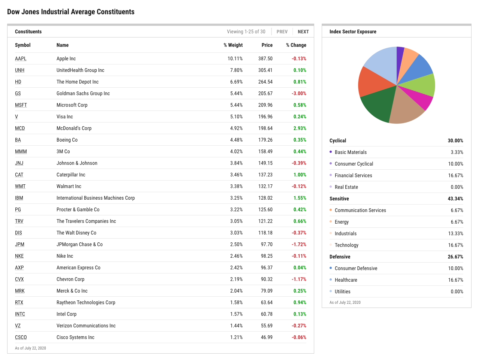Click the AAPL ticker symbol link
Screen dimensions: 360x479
pyautogui.click(x=21, y=58)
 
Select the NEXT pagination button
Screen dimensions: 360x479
pyautogui.click(x=303, y=32)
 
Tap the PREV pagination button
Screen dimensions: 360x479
pyautogui.click(x=282, y=32)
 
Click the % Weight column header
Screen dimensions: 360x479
pyautogui.click(x=233, y=45)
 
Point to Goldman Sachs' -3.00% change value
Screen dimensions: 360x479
pyautogui.click(x=299, y=93)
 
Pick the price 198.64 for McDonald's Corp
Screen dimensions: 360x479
pyautogui.click(x=265, y=128)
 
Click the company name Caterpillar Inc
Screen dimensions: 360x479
pyautogui.click(x=71, y=175)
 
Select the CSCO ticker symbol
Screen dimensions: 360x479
pyautogui.click(x=21, y=337)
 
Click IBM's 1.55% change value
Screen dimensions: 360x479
pyautogui.click(x=300, y=198)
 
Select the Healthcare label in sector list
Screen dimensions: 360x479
pyautogui.click(x=346, y=280)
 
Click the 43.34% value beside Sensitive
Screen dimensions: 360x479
pyautogui.click(x=455, y=199)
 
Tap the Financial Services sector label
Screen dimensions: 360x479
pyautogui.click(x=353, y=175)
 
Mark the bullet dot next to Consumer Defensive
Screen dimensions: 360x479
pyautogui.click(x=331, y=268)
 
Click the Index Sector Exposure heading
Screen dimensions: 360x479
pyautogui.click(x=353, y=32)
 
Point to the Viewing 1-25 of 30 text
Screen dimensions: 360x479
pyautogui.click(x=246, y=32)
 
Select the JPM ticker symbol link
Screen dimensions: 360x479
pyautogui.click(x=19, y=244)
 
